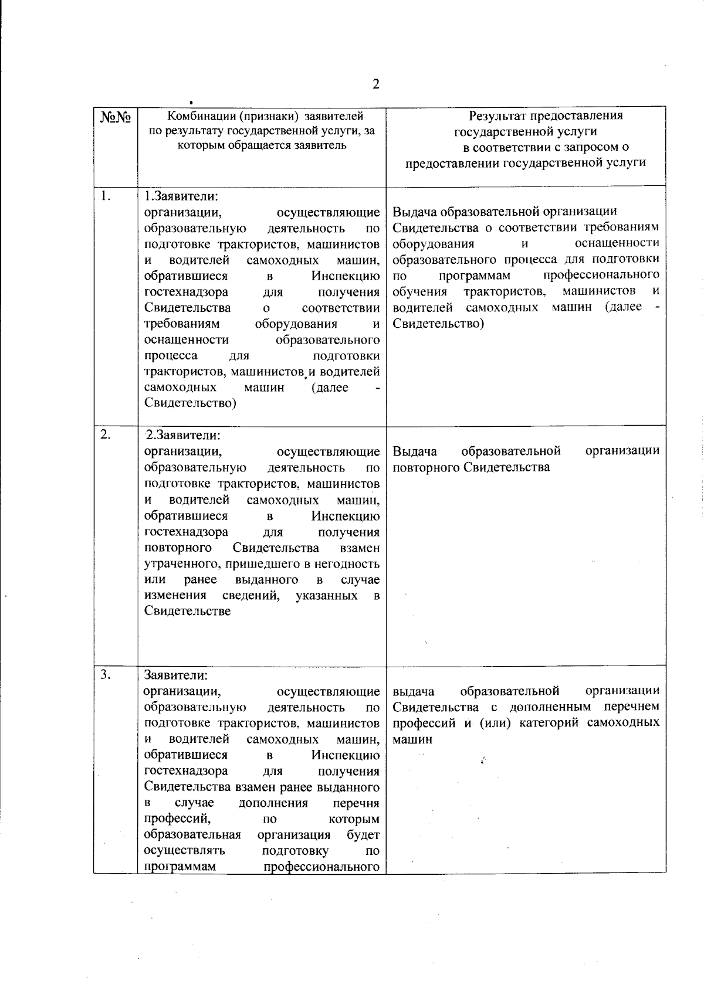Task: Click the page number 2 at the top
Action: click(x=376, y=84)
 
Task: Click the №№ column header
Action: click(x=115, y=117)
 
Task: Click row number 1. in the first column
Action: click(x=105, y=196)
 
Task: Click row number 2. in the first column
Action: click(x=105, y=434)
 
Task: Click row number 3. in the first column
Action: click(x=106, y=674)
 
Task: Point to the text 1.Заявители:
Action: click(x=182, y=196)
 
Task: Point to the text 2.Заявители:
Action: click(x=183, y=436)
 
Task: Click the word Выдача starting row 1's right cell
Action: click(x=414, y=212)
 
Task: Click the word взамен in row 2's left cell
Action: click(x=359, y=548)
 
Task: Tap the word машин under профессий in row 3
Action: click(x=412, y=739)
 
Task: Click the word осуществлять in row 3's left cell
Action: click(x=184, y=851)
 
